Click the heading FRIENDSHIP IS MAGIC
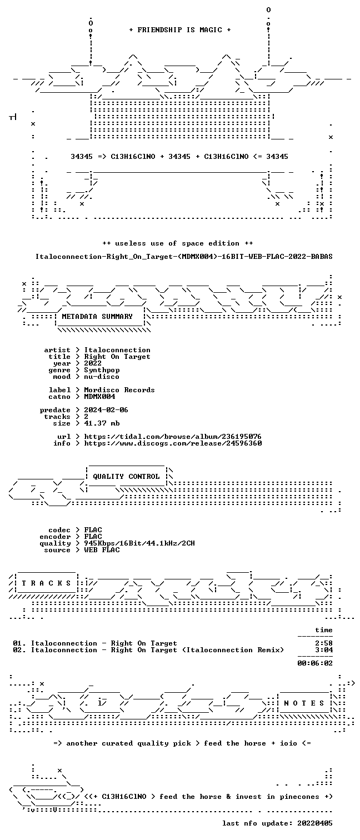(x=179, y=30)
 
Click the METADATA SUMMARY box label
(x=97, y=317)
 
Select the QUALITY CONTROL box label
(x=126, y=477)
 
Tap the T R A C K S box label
(x=46, y=583)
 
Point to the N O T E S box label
(x=304, y=703)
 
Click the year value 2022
(x=93, y=363)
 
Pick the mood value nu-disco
(x=102, y=377)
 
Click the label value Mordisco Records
(x=119, y=390)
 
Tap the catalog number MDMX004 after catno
(x=99, y=397)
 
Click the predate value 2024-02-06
(x=106, y=410)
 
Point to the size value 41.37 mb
(x=102, y=423)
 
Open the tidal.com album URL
(x=172, y=437)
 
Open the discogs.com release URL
(x=172, y=443)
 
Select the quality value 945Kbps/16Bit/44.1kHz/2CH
(x=139, y=543)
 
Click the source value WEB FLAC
(x=102, y=550)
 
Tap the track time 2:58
(x=324, y=643)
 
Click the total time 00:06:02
(x=315, y=663)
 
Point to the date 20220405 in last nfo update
(x=315, y=823)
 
